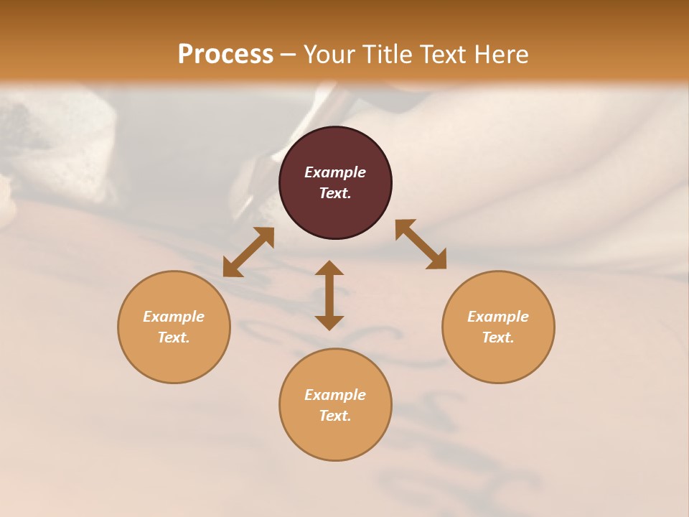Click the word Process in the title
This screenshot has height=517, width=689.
(x=225, y=54)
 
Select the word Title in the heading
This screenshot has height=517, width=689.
(x=390, y=54)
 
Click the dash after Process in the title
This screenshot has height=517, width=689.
(x=288, y=55)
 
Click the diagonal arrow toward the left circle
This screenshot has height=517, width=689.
(x=248, y=252)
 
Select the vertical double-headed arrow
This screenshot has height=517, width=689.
(x=329, y=295)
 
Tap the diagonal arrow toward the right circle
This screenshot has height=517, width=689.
(x=421, y=244)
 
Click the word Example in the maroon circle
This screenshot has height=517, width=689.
(x=335, y=172)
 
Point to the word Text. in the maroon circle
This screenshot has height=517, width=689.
(x=335, y=193)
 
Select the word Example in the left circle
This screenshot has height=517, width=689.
(x=174, y=317)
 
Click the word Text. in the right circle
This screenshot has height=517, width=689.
(x=498, y=337)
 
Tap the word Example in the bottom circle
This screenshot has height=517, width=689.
(x=335, y=395)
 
